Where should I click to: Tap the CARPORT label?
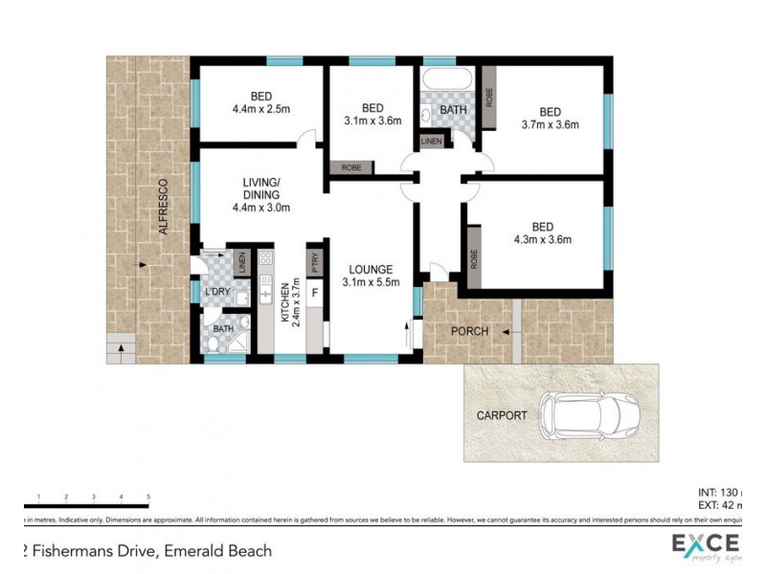[502, 416]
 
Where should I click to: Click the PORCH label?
[470, 332]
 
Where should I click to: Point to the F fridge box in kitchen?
[314, 290]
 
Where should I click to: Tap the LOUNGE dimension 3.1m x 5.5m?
[372, 280]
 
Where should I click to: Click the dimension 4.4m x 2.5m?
[260, 109]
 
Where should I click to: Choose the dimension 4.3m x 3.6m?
[543, 239]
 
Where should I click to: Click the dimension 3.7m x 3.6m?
[551, 123]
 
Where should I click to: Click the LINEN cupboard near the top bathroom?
[431, 143]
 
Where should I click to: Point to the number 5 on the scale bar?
[148, 497]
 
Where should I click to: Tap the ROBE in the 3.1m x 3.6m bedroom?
[351, 167]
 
